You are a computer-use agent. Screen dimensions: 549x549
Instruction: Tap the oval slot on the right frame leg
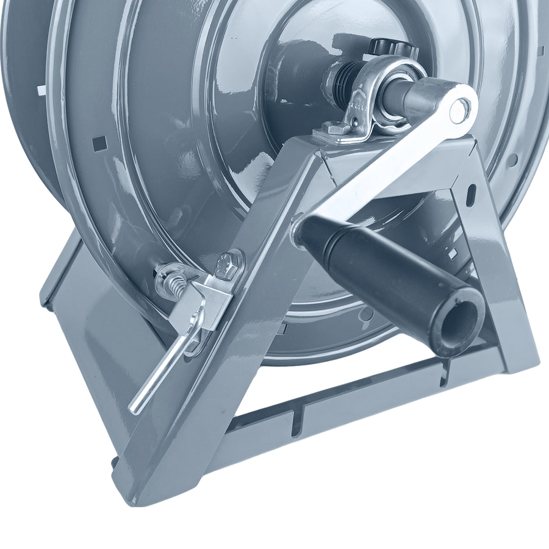[x=471, y=196]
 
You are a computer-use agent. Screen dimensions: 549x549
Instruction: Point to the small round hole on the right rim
[x=512, y=160]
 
